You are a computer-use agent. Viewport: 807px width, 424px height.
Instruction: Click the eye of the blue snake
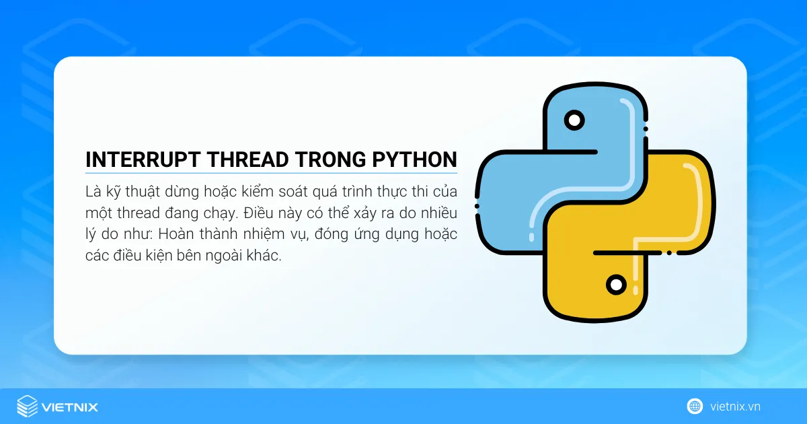coord(574,121)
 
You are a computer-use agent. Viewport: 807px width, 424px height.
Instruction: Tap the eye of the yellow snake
coord(615,285)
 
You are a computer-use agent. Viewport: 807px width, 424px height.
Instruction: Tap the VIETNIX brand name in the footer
coord(70,407)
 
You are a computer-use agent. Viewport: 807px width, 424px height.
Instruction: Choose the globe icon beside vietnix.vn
coord(695,407)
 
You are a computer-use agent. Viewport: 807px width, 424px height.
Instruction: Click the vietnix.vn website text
coord(735,407)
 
